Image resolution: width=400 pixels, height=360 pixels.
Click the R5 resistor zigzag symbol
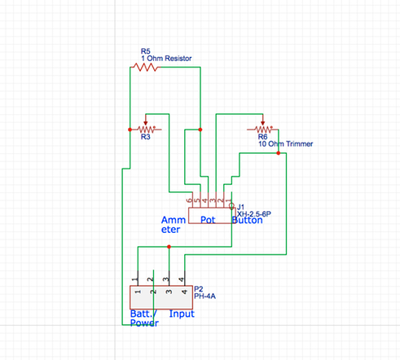(146, 67)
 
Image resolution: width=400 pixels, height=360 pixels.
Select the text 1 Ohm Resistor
(166, 59)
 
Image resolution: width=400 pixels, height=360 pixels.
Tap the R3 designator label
(146, 137)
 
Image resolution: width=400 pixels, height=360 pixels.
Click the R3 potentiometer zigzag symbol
(147, 130)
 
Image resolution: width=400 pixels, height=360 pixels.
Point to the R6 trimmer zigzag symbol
(262, 130)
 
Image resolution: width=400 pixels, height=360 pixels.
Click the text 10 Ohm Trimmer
(285, 144)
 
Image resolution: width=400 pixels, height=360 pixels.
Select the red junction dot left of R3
(130, 130)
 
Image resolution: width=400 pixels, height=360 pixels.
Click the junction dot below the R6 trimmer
(279, 153)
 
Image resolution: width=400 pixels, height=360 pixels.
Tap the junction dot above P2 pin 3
(169, 247)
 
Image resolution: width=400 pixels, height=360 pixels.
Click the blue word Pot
(208, 220)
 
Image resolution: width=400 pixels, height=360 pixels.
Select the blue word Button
(248, 220)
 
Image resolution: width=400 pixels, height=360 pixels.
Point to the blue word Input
(182, 314)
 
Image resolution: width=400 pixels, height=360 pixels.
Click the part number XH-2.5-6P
(254, 214)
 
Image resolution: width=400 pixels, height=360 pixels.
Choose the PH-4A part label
(204, 296)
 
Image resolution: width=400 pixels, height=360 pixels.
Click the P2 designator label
(199, 289)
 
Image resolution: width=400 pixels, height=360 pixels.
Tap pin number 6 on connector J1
(189, 200)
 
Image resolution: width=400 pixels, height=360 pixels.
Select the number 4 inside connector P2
(184, 292)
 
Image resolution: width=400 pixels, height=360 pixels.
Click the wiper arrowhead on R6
(262, 123)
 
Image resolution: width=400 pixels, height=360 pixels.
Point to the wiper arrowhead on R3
(146, 123)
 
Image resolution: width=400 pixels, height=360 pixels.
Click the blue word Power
(144, 323)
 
